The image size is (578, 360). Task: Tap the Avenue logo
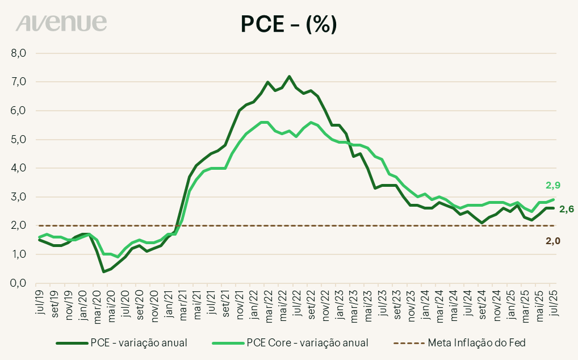pyautogui.click(x=61, y=23)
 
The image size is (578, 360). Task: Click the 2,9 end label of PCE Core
pyautogui.click(x=554, y=185)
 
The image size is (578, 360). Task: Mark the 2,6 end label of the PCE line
pyautogui.click(x=567, y=210)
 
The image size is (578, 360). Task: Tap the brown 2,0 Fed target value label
pyautogui.click(x=554, y=241)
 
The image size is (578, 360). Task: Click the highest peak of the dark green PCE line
pyautogui.click(x=289, y=76)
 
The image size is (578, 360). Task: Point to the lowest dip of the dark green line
pyautogui.click(x=104, y=271)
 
